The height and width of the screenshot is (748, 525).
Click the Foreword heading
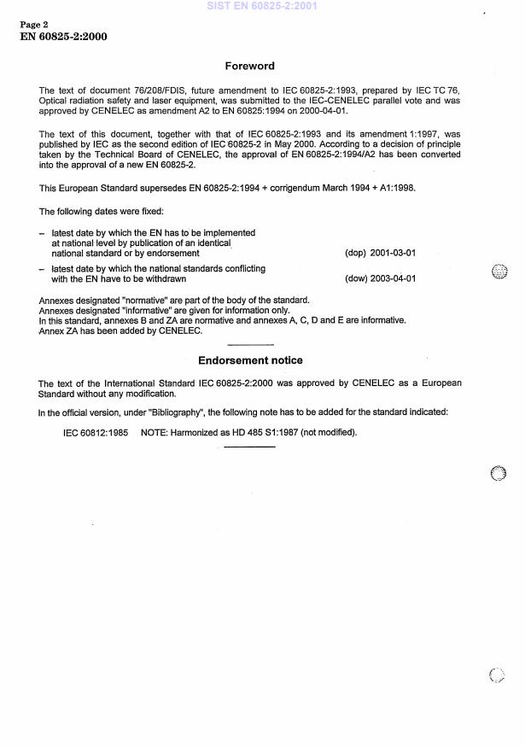(249, 66)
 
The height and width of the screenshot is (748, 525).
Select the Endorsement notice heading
(250, 360)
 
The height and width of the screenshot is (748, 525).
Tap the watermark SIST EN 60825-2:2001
(261, 6)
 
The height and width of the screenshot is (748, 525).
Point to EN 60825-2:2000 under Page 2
(63, 37)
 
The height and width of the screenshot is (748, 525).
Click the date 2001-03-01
(393, 254)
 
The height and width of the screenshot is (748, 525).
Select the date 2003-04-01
(393, 278)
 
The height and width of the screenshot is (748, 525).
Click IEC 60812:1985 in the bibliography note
(96, 433)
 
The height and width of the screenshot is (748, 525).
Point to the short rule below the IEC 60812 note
(249, 447)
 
